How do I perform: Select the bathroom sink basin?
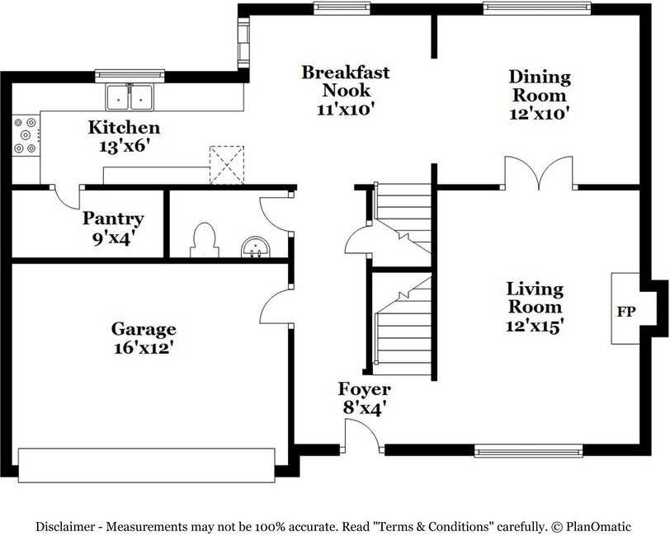(x=256, y=247)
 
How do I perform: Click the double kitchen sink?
(x=130, y=97)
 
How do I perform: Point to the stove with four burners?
(x=25, y=136)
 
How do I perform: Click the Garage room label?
(x=144, y=329)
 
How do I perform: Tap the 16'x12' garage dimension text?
(x=144, y=348)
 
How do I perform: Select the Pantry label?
(x=113, y=219)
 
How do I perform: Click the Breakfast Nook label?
(x=346, y=81)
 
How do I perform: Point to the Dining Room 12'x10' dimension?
(x=540, y=115)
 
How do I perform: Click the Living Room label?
(x=535, y=299)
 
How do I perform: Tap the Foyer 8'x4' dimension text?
(x=363, y=407)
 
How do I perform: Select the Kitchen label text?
(x=125, y=128)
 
